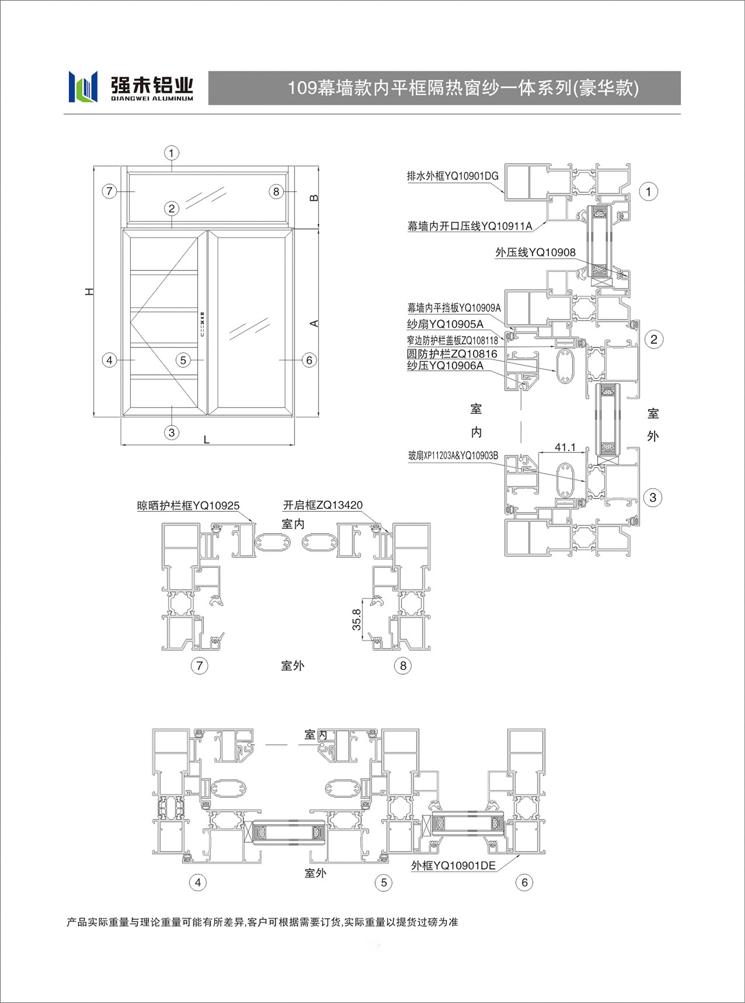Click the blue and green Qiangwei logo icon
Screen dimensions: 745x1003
tap(83, 86)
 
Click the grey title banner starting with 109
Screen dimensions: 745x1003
tap(444, 88)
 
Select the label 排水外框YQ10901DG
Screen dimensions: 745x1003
tap(453, 176)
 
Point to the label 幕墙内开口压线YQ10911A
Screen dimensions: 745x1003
tap(470, 226)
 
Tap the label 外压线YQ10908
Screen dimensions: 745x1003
tap(535, 252)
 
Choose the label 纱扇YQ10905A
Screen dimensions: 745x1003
tap(445, 324)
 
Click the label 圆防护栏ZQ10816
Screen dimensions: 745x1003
tap(452, 354)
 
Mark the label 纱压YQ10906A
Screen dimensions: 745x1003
tap(445, 366)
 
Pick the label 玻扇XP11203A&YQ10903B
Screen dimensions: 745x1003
tap(453, 455)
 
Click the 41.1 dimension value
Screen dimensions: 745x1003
tap(565, 447)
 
